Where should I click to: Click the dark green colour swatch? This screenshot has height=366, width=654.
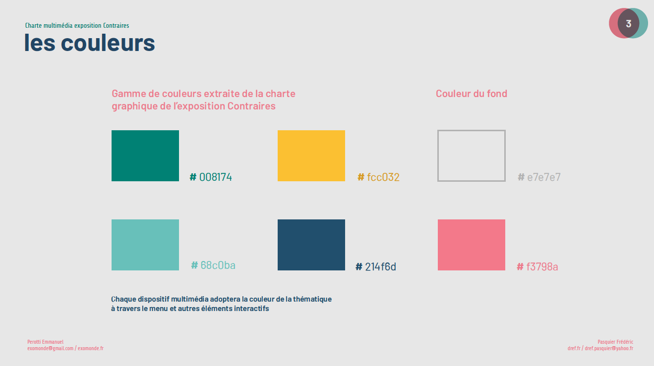tap(145, 156)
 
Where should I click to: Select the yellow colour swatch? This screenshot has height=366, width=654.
tap(311, 156)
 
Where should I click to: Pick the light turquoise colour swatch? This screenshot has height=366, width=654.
tap(145, 245)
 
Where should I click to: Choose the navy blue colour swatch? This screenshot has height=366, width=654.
tap(311, 245)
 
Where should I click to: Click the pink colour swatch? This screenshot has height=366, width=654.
tap(472, 245)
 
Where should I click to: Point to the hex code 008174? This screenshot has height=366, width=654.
tap(211, 177)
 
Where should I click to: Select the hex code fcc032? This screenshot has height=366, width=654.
tap(378, 177)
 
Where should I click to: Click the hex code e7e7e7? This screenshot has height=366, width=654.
tap(539, 177)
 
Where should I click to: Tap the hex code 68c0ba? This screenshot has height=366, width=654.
tap(213, 265)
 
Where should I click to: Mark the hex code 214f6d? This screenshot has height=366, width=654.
tap(376, 266)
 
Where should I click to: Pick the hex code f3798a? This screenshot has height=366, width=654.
tap(537, 266)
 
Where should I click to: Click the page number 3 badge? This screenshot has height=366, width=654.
tap(628, 23)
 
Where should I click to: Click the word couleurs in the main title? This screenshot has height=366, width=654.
tap(108, 43)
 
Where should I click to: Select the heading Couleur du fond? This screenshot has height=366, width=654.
tap(472, 94)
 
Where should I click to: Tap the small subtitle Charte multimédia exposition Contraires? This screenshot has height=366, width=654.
tap(77, 26)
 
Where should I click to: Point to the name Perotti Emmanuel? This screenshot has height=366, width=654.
tap(45, 342)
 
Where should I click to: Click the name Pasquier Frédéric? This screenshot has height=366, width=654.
tap(615, 342)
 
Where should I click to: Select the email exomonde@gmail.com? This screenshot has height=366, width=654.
tap(51, 348)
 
